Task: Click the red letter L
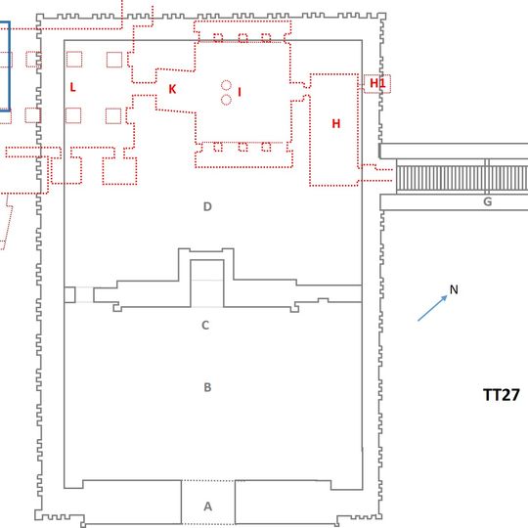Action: click(72, 87)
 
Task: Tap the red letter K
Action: click(172, 89)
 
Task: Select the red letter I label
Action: click(240, 92)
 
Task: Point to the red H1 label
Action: click(377, 83)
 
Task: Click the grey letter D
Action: click(207, 206)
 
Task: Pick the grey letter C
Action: click(205, 325)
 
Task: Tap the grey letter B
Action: click(207, 387)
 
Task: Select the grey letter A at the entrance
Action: click(207, 506)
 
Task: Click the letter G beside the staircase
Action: click(487, 201)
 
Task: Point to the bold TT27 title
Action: click(502, 395)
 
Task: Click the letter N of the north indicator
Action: click(454, 289)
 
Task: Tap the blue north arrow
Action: click(432, 308)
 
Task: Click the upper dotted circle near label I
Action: click(226, 85)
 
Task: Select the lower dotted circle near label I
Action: click(226, 100)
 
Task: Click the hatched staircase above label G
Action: click(462, 176)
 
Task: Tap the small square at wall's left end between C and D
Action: click(69, 294)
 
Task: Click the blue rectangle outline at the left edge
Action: click(10, 66)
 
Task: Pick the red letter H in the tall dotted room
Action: click(335, 123)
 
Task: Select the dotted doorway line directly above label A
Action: click(208, 480)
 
